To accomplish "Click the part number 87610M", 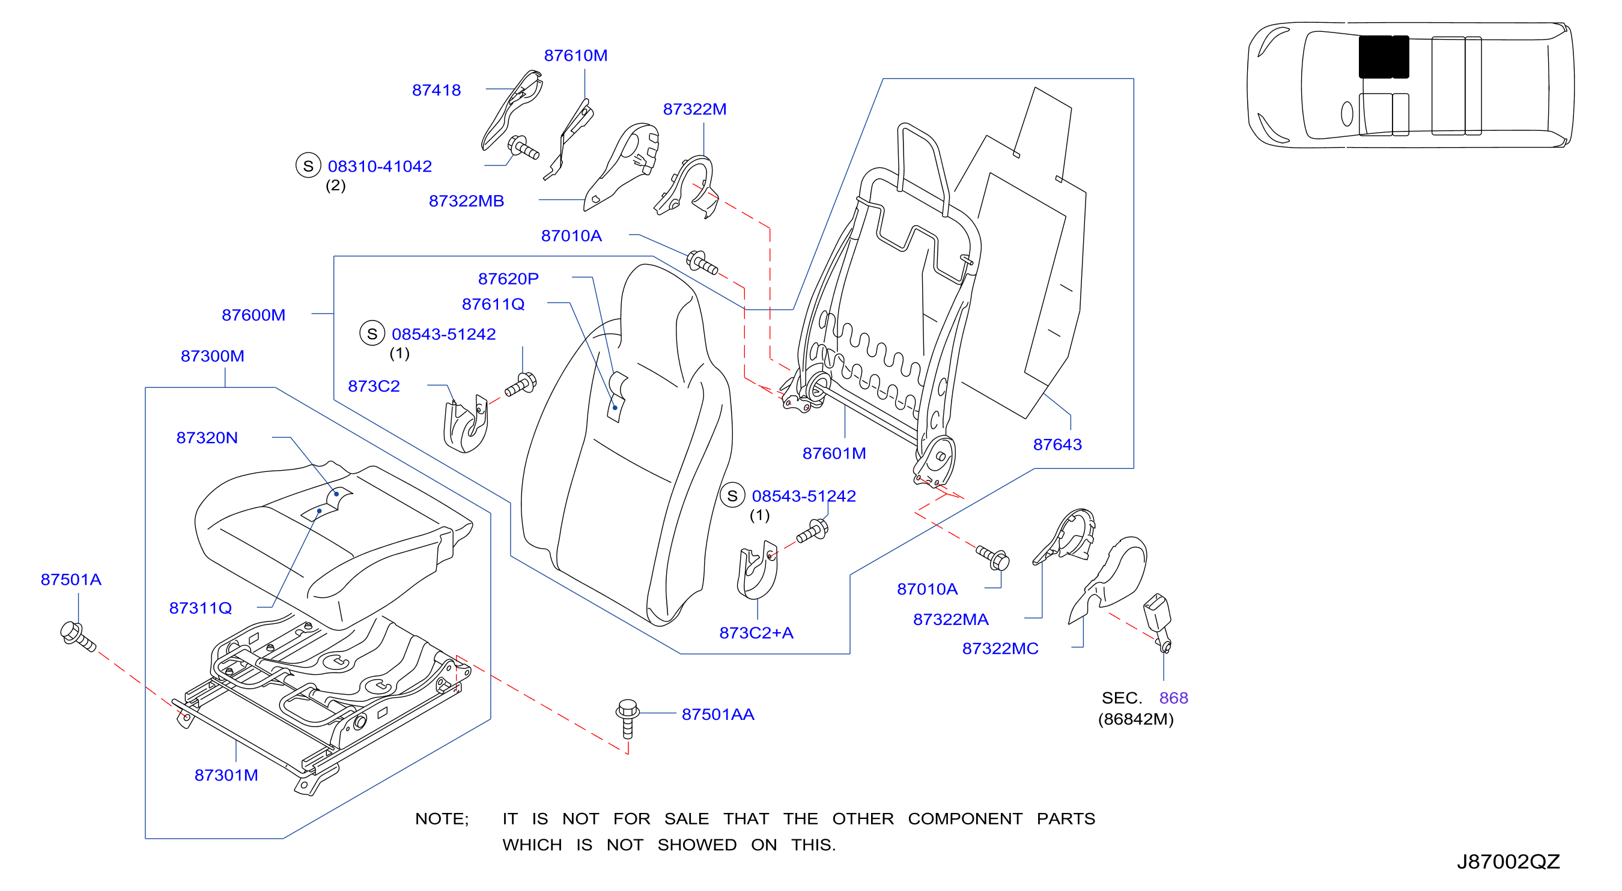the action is tap(576, 55).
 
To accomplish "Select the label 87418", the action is tap(436, 90).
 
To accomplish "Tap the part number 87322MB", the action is tap(466, 201).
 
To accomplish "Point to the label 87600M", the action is tap(253, 315).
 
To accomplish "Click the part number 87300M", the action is tap(212, 355).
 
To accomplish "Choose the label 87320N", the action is tap(207, 437).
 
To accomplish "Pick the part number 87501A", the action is tap(70, 579).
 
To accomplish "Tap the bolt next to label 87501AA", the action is tap(627, 718).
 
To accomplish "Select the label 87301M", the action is tap(226, 775).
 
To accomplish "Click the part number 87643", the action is tap(1057, 444).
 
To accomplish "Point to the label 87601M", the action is tap(834, 453).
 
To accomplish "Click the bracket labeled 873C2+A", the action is tap(757, 570).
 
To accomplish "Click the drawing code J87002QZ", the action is tap(1508, 861).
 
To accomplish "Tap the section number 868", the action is tap(1173, 697).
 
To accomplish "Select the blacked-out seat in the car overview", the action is tap(1384, 56).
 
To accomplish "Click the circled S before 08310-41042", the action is tap(308, 166).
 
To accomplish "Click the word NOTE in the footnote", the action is tap(440, 818).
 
